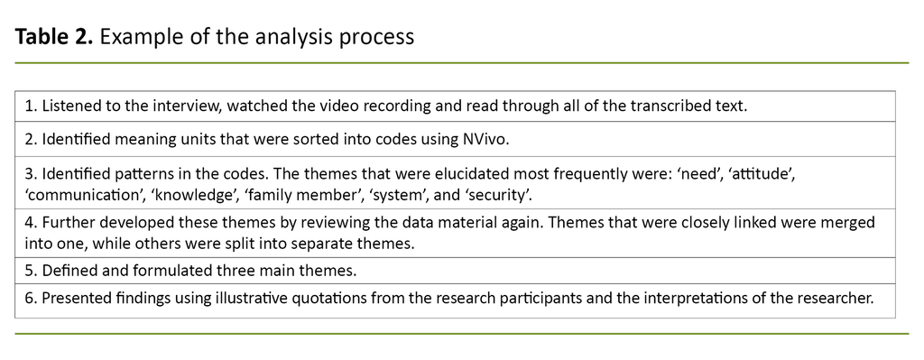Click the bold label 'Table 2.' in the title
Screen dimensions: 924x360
point(54,38)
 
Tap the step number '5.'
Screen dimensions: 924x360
point(30,271)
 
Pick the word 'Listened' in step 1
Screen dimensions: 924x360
point(72,106)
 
